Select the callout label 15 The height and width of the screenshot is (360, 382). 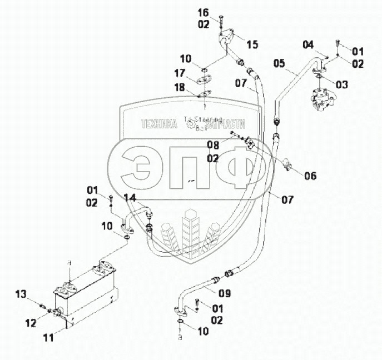point(252,44)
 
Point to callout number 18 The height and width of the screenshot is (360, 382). point(179,88)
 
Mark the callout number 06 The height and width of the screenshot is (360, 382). point(310,176)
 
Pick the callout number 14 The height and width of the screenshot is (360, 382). point(129,197)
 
